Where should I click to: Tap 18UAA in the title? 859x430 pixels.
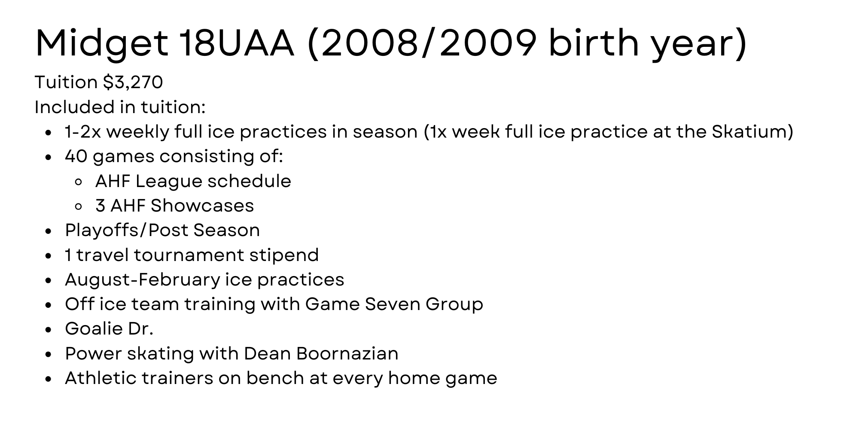pos(236,43)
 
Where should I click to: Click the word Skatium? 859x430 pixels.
pos(749,132)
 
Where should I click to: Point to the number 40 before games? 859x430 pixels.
pos(76,156)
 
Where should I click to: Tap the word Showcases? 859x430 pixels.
pos(202,206)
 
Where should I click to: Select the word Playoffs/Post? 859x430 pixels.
pos(126,230)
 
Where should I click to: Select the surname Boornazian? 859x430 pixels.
pos(347,353)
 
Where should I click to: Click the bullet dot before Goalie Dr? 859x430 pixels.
pos(49,330)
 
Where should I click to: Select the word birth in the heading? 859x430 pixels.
pos(594,43)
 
